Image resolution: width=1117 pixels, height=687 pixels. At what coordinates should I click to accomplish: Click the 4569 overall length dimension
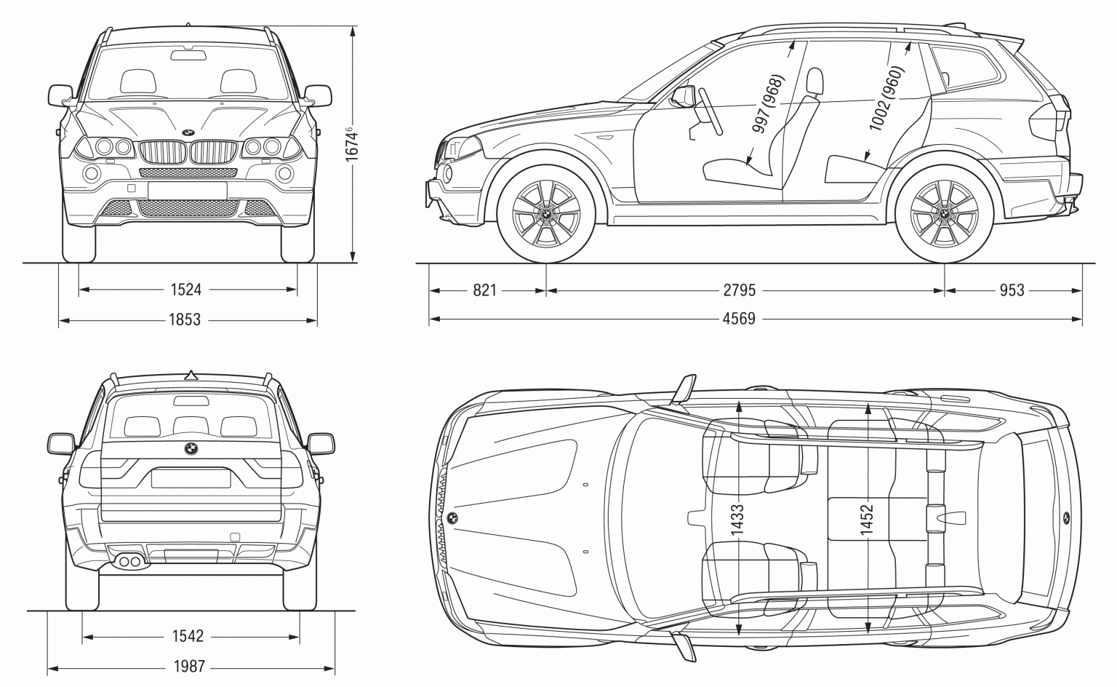point(739,319)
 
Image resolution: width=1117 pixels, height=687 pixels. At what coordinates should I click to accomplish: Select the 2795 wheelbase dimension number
point(739,290)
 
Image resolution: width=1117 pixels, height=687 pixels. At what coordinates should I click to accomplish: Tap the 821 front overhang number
point(484,290)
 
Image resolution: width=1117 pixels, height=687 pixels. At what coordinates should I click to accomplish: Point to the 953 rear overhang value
point(1012,290)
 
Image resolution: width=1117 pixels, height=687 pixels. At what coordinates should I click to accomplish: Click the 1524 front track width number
point(185,290)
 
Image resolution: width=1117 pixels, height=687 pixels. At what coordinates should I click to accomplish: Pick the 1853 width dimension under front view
point(185,319)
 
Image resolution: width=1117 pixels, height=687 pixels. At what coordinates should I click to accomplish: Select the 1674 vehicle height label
point(352,144)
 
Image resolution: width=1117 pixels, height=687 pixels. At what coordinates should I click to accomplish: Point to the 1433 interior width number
point(738,521)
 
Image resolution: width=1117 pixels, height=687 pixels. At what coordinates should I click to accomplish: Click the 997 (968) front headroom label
point(768,103)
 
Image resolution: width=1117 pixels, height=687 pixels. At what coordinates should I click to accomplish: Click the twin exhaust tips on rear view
point(129,560)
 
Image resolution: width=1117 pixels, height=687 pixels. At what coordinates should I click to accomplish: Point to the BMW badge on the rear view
point(191,449)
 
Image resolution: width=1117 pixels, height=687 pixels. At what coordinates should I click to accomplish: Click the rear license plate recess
point(191,478)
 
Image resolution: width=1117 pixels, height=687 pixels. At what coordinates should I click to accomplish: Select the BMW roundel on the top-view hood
point(452,518)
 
